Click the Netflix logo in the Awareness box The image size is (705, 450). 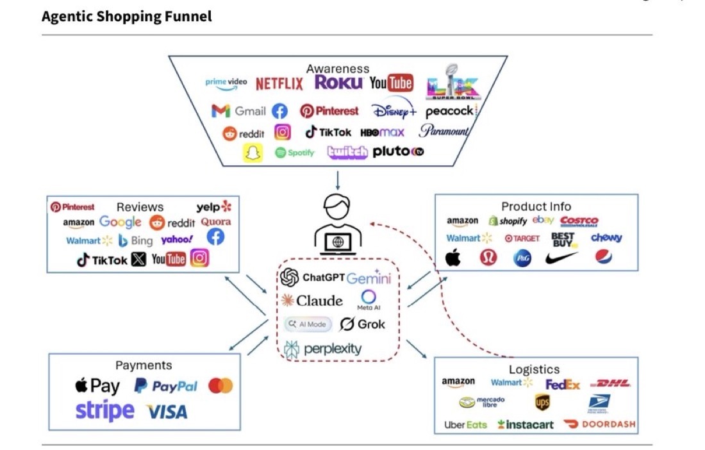click(x=279, y=84)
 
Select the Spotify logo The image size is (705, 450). click(x=295, y=153)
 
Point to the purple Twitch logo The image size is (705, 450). click(x=347, y=152)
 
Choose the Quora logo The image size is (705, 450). click(x=215, y=222)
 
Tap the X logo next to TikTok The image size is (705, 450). click(x=138, y=260)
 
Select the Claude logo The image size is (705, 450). click(x=312, y=301)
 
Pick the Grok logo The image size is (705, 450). click(x=363, y=324)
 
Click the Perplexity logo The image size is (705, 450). click(x=324, y=349)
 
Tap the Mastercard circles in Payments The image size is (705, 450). click(x=220, y=386)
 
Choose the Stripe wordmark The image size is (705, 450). click(x=105, y=410)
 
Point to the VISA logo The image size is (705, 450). click(x=167, y=412)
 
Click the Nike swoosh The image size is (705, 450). click(x=561, y=258)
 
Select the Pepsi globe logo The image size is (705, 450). click(x=603, y=258)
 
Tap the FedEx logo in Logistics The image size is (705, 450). click(x=563, y=385)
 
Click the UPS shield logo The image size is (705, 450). click(x=542, y=402)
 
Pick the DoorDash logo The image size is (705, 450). click(x=600, y=424)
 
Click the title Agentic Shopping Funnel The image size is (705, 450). click(x=126, y=17)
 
